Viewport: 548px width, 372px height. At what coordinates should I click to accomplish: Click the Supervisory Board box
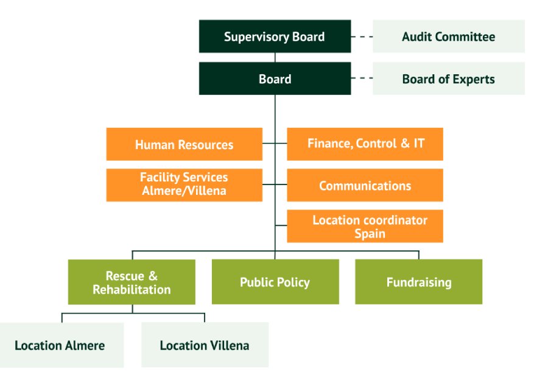(275, 37)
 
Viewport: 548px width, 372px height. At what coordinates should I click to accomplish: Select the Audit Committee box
(448, 37)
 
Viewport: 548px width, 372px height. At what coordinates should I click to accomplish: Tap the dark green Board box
(275, 79)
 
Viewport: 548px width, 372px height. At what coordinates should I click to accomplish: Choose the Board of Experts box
(448, 79)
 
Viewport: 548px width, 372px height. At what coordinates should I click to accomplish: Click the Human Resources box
(184, 144)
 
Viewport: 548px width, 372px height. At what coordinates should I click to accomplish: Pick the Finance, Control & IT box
(365, 144)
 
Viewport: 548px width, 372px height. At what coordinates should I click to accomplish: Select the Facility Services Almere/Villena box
(184, 185)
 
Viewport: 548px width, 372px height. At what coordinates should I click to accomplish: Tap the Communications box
(365, 186)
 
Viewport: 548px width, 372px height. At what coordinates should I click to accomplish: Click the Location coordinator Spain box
(365, 226)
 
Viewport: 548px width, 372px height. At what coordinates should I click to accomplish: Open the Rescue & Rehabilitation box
(132, 283)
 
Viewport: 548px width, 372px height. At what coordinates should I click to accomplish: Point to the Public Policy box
(275, 283)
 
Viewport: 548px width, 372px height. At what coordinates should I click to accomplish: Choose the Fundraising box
(418, 283)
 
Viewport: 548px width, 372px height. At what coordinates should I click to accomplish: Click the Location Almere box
(60, 345)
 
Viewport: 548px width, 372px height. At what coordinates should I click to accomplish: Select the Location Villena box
(204, 345)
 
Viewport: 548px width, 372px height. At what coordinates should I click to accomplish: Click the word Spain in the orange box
(370, 234)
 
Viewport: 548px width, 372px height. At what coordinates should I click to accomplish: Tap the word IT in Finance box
(418, 144)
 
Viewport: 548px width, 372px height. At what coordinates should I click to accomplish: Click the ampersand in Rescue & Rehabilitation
(152, 276)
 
